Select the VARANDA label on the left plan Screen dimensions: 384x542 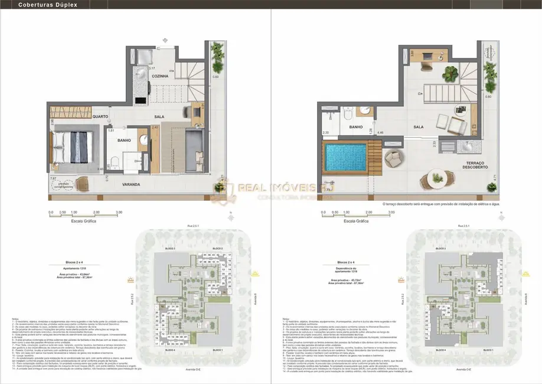click(131, 184)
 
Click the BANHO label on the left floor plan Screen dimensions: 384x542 click(124, 140)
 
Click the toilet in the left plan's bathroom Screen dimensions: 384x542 click(116, 163)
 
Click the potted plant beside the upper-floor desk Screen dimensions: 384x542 click(452, 73)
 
